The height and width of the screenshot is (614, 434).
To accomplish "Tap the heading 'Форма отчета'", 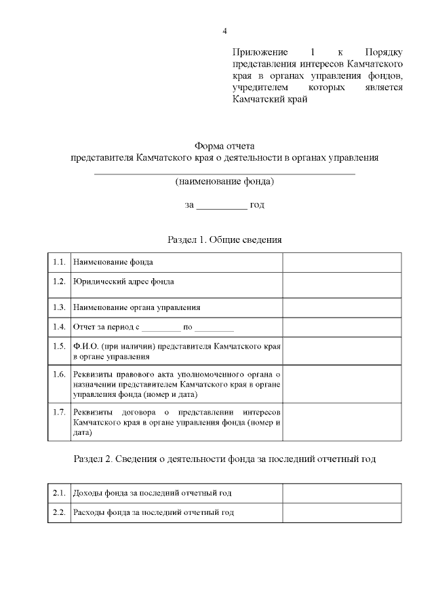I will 224,146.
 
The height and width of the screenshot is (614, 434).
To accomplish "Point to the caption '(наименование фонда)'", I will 224,182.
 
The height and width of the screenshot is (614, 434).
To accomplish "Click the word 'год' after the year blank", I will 257,204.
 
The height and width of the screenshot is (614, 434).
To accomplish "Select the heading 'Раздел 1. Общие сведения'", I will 224,239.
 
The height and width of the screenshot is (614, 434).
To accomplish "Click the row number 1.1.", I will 59,262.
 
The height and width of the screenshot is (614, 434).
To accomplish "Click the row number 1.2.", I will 59,281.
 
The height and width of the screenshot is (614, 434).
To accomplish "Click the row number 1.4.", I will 59,326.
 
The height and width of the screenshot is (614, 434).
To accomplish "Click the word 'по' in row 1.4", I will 188,327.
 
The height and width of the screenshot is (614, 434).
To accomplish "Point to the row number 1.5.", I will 59,346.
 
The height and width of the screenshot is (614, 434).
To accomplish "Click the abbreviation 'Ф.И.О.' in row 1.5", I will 85,346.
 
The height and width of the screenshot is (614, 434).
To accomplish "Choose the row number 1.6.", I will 59,375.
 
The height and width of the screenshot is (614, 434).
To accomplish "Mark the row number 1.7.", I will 59,412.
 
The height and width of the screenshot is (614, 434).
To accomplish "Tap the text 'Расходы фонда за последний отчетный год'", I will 153,513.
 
